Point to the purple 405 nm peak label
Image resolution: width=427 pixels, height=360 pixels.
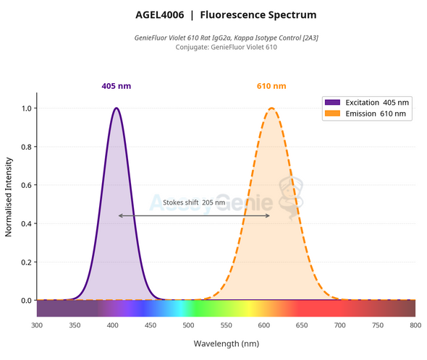tap(116, 86)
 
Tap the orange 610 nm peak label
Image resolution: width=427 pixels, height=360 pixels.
tap(271, 86)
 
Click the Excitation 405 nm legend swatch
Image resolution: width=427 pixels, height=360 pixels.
tap(332, 103)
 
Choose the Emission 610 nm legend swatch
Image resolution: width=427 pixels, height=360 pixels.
tap(332, 114)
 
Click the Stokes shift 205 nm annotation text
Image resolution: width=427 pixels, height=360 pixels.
tap(194, 203)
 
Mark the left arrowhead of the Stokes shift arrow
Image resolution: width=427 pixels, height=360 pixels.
tap(120, 215)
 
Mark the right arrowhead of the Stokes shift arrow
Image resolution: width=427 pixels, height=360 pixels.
tap(269, 215)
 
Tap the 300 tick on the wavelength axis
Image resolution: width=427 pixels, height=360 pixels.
tap(37, 326)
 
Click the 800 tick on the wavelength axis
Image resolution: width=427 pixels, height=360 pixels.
tap(415, 326)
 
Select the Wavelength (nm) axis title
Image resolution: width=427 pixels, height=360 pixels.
tap(226, 343)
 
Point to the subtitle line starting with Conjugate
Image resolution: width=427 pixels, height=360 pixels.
tap(226, 48)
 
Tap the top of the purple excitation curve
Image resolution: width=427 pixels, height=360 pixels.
tap(116, 108)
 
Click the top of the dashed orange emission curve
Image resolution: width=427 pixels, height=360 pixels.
tap(271, 108)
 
